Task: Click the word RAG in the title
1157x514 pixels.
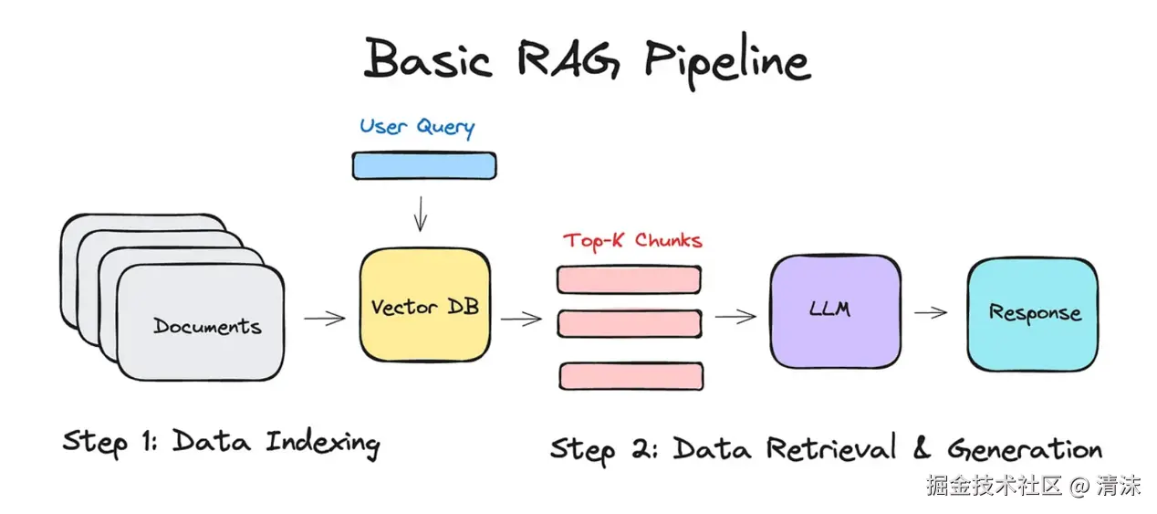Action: click(x=569, y=60)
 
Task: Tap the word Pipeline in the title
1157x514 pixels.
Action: click(x=727, y=61)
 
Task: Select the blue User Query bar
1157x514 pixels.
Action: click(x=424, y=165)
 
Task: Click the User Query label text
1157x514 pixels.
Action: click(x=417, y=127)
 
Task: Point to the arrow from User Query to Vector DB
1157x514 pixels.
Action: click(x=421, y=214)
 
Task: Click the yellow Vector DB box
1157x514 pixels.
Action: click(x=425, y=305)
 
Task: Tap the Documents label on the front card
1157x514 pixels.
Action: click(x=207, y=326)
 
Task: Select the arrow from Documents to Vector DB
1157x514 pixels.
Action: click(x=324, y=319)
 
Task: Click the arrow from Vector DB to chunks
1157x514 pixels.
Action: click(x=521, y=319)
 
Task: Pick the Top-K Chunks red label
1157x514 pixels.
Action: click(x=632, y=241)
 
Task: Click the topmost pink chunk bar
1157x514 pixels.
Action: click(x=629, y=279)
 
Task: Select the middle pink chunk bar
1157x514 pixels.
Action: click(x=629, y=324)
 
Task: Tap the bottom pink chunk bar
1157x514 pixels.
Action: click(x=631, y=375)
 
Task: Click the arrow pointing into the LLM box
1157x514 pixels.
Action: click(x=735, y=316)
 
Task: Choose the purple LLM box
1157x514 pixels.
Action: click(x=835, y=311)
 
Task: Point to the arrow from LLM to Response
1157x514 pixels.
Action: click(x=930, y=312)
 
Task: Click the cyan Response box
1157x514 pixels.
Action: click(x=1033, y=314)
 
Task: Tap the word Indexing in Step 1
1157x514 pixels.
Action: click(x=323, y=443)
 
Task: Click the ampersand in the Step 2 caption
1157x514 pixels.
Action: click(x=922, y=447)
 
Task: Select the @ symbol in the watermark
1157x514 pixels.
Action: click(x=1079, y=486)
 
